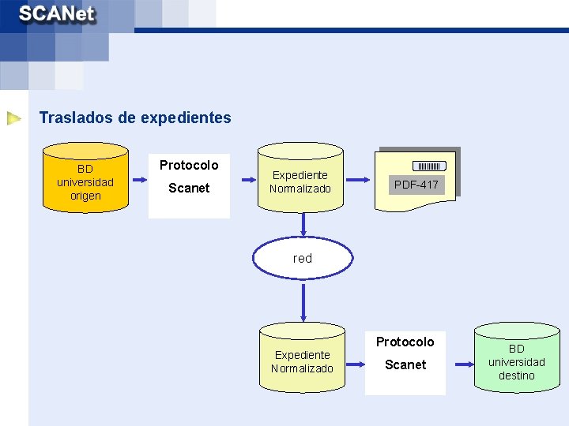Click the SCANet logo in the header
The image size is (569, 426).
click(57, 15)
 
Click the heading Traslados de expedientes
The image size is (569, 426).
click(135, 118)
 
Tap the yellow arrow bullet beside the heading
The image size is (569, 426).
click(14, 119)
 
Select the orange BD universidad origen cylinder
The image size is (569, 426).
click(85, 178)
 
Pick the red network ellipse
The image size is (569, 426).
click(303, 258)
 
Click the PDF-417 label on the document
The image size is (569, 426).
click(416, 185)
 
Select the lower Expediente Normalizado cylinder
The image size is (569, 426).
click(303, 358)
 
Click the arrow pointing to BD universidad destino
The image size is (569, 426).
click(459, 362)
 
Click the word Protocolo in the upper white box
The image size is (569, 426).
click(189, 165)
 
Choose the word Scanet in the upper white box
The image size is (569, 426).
click(189, 188)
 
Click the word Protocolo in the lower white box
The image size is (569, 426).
click(405, 342)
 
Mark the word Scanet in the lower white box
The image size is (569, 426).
click(405, 364)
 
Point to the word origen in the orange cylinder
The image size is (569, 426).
click(85, 196)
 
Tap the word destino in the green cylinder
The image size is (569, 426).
click(516, 376)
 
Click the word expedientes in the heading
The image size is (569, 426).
click(186, 118)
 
